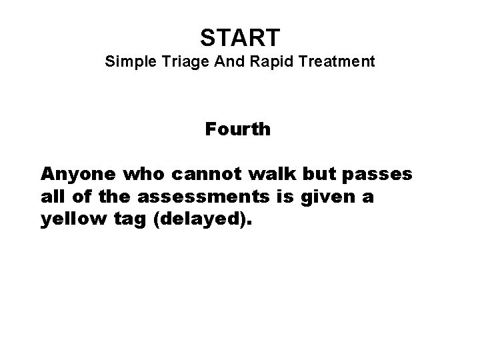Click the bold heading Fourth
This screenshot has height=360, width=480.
pos(238,129)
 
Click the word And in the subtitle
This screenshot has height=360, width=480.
pos(225,62)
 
